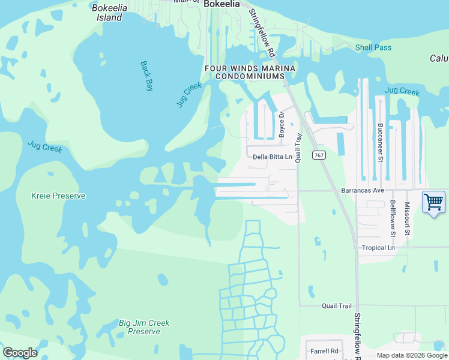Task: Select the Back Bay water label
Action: (147, 76)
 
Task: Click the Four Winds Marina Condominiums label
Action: (250, 73)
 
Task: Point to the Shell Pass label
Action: (373, 47)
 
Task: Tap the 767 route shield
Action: (319, 155)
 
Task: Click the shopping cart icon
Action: (433, 202)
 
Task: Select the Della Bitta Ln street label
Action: (272, 157)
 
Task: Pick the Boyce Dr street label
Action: (281, 124)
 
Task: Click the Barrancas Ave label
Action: (362, 190)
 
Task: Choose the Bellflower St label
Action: (393, 218)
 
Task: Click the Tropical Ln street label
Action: (378, 248)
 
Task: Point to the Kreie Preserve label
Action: (58, 196)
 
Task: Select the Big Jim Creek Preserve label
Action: (144, 327)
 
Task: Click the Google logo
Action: (20, 353)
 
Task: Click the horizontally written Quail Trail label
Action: (336, 306)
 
